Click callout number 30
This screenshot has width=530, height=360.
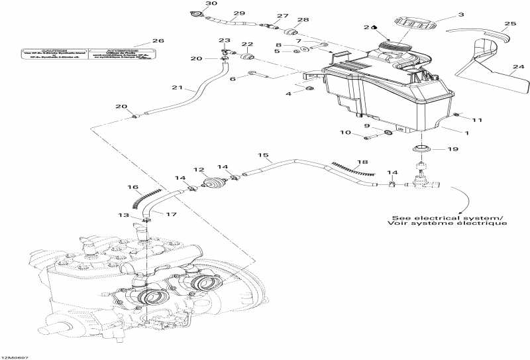click(192, 4)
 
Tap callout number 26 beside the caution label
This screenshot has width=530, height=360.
click(158, 41)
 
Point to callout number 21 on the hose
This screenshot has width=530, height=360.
click(177, 87)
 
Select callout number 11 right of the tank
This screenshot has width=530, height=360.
click(477, 119)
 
